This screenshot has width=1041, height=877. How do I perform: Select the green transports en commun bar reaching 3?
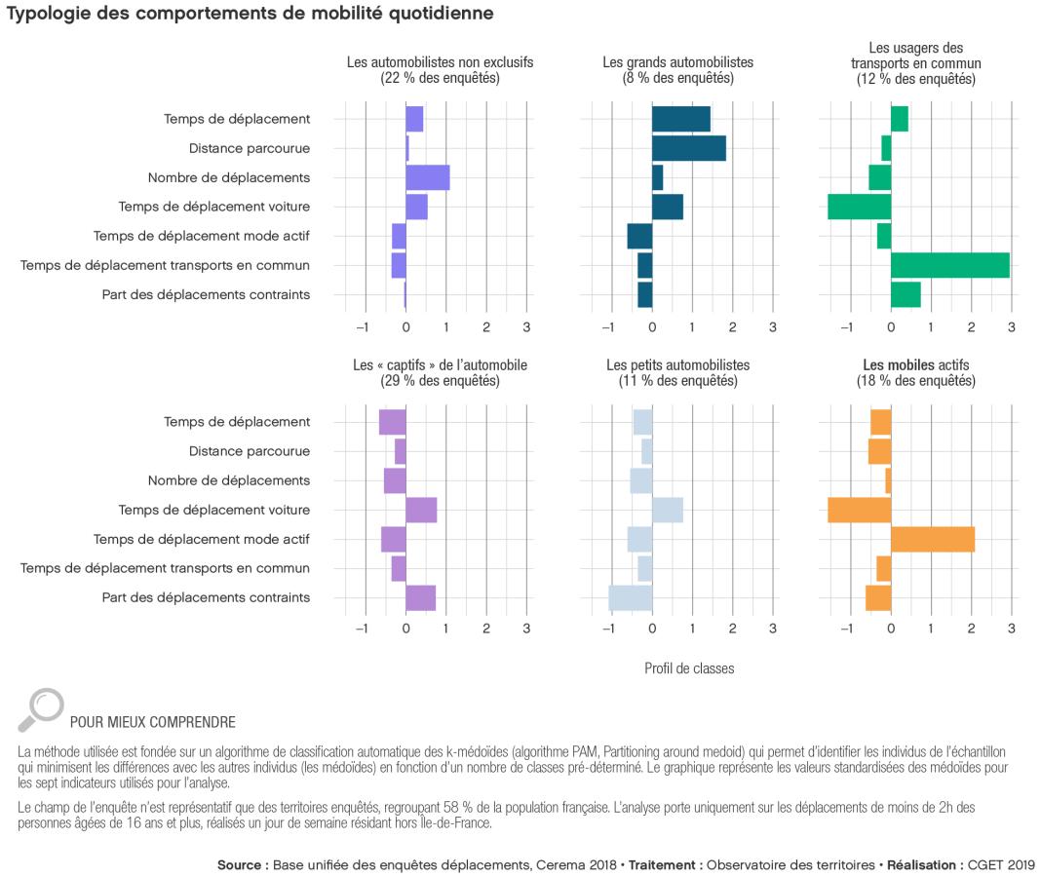point(949,265)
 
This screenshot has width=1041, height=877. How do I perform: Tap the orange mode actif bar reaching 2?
point(932,539)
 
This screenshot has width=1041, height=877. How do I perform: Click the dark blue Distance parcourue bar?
point(688,148)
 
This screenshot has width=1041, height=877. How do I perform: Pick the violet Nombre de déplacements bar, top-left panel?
point(427,177)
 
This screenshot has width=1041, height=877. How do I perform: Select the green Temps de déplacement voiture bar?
point(859,207)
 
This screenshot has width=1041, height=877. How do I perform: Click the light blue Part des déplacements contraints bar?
point(630,597)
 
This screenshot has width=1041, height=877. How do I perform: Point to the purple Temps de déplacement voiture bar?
point(421,510)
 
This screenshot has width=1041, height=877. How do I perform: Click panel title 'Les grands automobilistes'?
point(677,62)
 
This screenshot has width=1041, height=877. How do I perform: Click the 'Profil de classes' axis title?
point(689,668)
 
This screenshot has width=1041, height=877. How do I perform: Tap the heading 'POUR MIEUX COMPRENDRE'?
point(152,722)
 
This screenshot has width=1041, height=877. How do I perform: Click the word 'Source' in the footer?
point(240,864)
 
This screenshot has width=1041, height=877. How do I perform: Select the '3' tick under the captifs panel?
point(526,629)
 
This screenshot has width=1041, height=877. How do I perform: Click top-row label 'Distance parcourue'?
point(250,148)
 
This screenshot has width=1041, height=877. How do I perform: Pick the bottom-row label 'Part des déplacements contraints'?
point(206,597)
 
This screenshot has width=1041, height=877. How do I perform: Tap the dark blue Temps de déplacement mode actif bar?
point(639,236)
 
